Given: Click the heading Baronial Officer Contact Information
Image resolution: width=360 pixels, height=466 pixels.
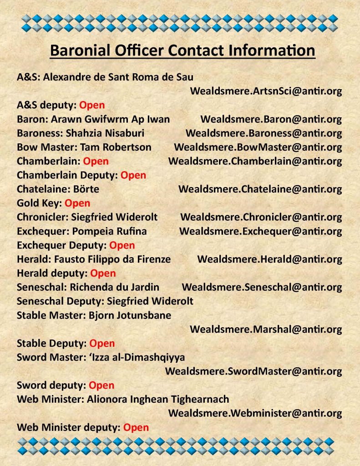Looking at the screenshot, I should [182, 50].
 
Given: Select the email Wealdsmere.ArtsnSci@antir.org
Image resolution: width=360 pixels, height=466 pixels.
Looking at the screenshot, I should [266, 91].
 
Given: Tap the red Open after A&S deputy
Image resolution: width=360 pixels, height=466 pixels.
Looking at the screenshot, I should [92, 105].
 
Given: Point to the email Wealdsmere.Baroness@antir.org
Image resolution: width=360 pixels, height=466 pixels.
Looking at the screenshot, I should [264, 133].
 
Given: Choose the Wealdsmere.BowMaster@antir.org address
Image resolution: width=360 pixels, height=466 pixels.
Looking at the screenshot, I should [258, 147].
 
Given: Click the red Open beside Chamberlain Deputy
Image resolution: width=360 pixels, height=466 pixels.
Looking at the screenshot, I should [133, 175].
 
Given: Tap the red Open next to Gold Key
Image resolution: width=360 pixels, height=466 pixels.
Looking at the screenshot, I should [77, 203].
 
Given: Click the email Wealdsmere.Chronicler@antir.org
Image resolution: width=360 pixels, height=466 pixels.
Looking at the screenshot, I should [261, 217].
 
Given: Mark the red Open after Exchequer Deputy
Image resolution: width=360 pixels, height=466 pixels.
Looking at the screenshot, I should [122, 245].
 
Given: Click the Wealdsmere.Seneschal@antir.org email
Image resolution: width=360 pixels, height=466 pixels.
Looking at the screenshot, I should [262, 287].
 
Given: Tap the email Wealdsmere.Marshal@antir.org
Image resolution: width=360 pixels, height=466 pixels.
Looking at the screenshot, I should [266, 329].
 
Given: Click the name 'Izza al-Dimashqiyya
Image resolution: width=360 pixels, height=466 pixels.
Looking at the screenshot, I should [135, 357].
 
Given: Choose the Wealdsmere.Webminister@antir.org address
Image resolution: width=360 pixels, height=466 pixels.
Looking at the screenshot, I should [255, 413].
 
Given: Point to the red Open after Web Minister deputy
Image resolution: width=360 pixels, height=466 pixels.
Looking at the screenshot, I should [136, 427].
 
